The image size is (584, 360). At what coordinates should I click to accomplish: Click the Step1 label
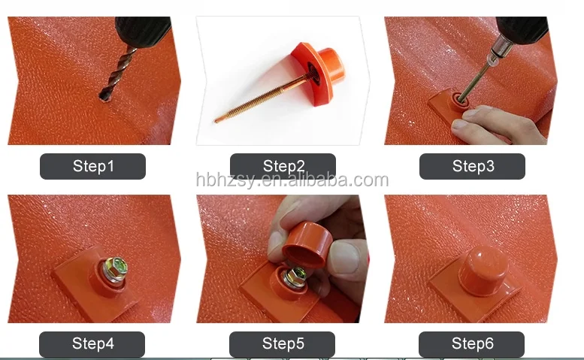pyautogui.click(x=92, y=166)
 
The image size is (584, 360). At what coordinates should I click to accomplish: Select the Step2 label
pyautogui.click(x=283, y=166)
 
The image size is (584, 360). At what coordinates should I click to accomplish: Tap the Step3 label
pyautogui.click(x=472, y=166)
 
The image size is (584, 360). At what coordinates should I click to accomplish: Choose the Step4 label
pyautogui.click(x=92, y=344)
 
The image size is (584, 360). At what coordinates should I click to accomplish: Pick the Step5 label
pyautogui.click(x=283, y=344)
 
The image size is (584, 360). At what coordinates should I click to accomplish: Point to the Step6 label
pyautogui.click(x=472, y=344)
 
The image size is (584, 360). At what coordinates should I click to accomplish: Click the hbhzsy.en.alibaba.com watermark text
pyautogui.click(x=292, y=180)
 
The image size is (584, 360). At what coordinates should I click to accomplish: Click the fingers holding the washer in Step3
pyautogui.click(x=496, y=126)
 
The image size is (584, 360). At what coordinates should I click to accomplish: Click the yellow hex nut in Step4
pyautogui.click(x=117, y=268)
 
